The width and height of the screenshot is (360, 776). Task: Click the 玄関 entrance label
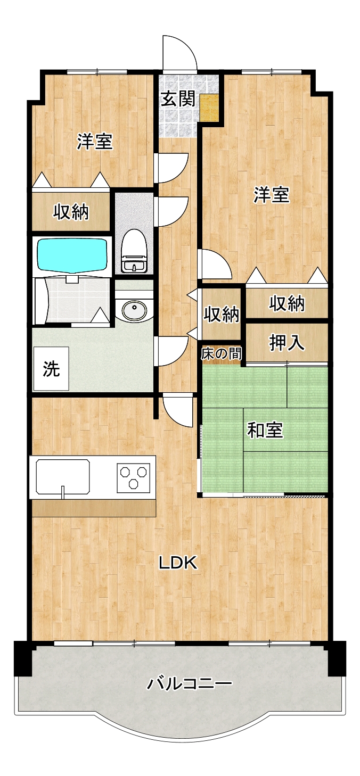click(178, 100)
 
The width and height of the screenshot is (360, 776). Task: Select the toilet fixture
click(134, 251)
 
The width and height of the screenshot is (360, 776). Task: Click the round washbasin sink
click(134, 310)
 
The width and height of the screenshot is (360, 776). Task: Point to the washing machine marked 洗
click(51, 368)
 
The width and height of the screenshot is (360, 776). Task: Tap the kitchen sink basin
click(63, 476)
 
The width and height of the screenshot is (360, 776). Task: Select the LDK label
click(178, 562)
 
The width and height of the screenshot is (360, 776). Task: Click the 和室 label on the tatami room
click(265, 430)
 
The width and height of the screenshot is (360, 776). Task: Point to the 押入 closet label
click(287, 343)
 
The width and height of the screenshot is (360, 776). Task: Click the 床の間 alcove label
click(222, 354)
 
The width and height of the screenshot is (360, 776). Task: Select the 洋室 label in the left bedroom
click(95, 142)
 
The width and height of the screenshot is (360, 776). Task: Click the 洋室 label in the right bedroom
click(271, 194)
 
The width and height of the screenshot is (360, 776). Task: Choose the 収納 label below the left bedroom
click(71, 212)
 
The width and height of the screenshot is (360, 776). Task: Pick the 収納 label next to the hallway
click(221, 314)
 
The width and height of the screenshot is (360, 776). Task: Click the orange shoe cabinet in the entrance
click(210, 108)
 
